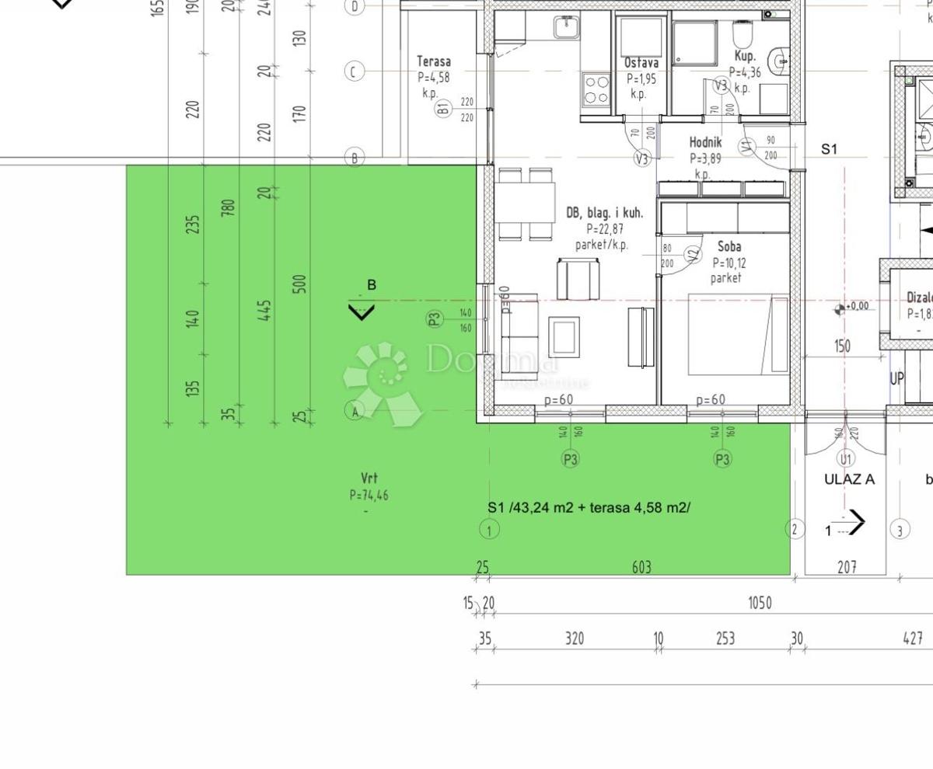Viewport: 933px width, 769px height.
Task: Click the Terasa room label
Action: tap(433, 61)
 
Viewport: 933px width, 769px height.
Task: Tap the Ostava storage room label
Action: tap(641, 63)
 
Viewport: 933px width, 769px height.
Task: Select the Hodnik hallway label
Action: tap(705, 142)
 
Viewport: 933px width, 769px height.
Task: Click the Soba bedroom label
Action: tap(729, 246)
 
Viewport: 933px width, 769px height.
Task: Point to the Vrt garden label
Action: tap(369, 478)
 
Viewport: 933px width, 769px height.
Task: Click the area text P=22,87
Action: tap(605, 229)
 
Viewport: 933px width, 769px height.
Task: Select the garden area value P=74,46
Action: tap(369, 495)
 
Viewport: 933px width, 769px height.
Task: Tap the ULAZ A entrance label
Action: tap(849, 479)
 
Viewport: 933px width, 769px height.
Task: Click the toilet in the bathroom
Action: tap(742, 35)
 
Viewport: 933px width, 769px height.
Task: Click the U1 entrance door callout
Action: tap(846, 459)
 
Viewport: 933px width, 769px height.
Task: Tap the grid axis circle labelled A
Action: tap(355, 411)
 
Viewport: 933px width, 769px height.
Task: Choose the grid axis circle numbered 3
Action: tap(900, 531)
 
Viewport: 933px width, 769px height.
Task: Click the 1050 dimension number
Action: tap(759, 603)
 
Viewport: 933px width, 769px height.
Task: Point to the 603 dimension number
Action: tap(641, 568)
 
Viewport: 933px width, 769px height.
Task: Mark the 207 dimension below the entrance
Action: tap(847, 568)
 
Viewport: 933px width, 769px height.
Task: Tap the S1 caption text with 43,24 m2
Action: tap(589, 507)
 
